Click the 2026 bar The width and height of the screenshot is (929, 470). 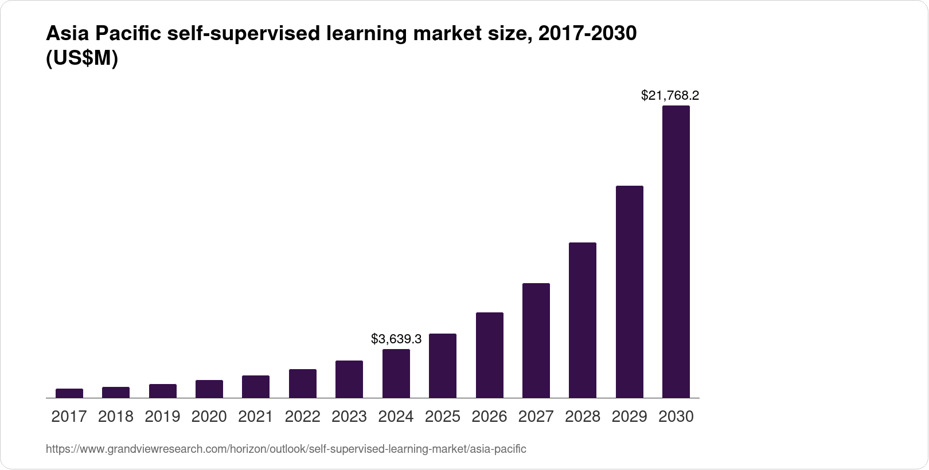click(x=489, y=355)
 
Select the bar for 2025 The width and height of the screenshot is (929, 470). click(x=442, y=366)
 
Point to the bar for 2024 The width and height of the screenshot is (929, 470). click(x=396, y=373)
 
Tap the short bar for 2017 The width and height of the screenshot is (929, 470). click(x=69, y=393)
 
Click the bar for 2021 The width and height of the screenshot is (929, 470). click(x=256, y=386)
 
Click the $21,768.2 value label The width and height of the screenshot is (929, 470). click(x=670, y=95)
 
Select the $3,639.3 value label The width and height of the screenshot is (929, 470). click(x=396, y=339)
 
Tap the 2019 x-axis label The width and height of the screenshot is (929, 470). click(x=162, y=417)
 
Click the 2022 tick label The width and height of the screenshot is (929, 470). click(x=302, y=417)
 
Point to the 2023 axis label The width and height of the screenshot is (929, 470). click(x=349, y=417)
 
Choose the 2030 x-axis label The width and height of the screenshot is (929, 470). click(x=676, y=417)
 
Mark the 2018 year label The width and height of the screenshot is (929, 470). click(x=115, y=417)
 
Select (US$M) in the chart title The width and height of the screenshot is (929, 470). click(x=81, y=58)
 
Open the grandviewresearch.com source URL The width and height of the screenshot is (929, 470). click(x=286, y=449)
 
